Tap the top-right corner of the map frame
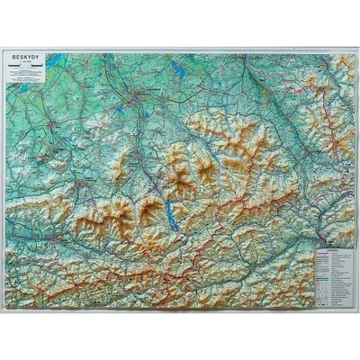(354, 50)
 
